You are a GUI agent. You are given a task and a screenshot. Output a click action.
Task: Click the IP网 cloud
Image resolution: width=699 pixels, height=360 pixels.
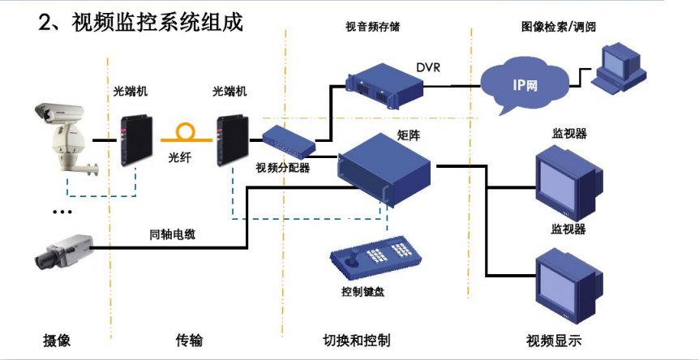tap(525, 87)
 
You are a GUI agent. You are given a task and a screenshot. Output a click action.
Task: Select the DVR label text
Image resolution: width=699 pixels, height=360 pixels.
tap(428, 68)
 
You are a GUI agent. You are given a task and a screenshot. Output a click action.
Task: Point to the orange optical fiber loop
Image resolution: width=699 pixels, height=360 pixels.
tap(186, 133)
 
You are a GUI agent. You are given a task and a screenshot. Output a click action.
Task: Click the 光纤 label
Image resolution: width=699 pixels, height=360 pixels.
tap(180, 157)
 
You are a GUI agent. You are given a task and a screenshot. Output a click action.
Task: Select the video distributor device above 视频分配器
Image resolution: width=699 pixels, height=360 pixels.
tap(289, 142)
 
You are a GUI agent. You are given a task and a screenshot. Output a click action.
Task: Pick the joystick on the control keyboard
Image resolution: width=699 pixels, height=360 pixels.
tap(354, 259)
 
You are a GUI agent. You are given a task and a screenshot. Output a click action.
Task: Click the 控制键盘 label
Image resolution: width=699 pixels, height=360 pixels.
tap(362, 292)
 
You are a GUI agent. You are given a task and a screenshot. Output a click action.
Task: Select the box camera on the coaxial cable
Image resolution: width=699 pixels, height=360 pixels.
tap(64, 251)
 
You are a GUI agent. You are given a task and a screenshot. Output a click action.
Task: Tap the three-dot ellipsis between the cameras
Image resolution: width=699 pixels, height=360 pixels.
tap(62, 212)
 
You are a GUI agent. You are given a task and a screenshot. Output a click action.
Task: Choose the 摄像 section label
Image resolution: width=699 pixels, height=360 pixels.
tap(57, 341)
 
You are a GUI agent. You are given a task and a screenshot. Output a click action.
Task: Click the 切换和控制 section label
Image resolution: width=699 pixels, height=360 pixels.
tap(356, 341)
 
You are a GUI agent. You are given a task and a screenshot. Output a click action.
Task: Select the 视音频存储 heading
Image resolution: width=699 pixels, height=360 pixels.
tap(373, 28)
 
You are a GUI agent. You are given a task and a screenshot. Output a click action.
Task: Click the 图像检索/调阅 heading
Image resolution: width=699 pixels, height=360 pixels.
tap(559, 28)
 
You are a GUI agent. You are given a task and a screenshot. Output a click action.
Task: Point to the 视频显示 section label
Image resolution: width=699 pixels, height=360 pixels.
tap(554, 341)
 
